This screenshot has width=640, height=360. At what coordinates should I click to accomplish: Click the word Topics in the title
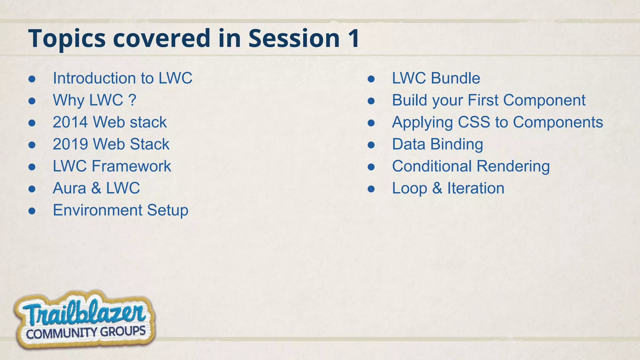click(x=67, y=39)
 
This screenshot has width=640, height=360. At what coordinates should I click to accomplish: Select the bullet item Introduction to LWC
click(x=122, y=78)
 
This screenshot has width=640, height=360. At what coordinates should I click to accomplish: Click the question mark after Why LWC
click(x=132, y=100)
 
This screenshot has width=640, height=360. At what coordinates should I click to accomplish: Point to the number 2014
click(x=70, y=122)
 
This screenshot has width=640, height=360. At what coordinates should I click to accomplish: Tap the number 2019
click(x=70, y=144)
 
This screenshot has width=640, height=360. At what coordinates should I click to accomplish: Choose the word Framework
click(x=131, y=166)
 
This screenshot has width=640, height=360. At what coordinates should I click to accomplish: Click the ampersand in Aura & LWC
click(x=96, y=188)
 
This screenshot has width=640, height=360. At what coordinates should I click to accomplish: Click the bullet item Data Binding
click(x=437, y=144)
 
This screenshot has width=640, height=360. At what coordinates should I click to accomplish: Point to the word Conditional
click(x=432, y=166)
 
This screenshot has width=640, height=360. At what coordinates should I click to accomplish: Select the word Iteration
click(x=475, y=188)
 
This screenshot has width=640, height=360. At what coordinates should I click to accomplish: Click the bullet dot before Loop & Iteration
click(x=371, y=189)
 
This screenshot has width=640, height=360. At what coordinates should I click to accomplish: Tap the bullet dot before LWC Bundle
click(x=371, y=79)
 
